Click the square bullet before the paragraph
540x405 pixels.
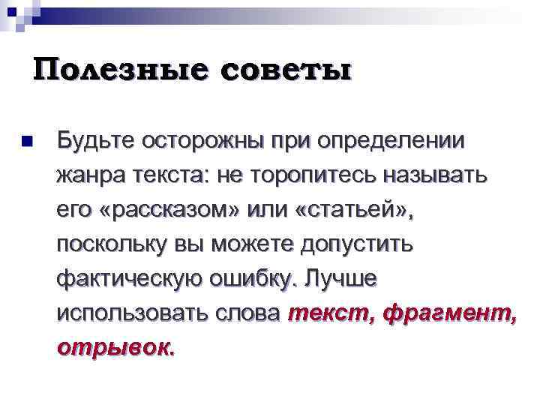pos(28,141)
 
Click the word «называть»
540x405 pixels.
pos(435,177)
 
